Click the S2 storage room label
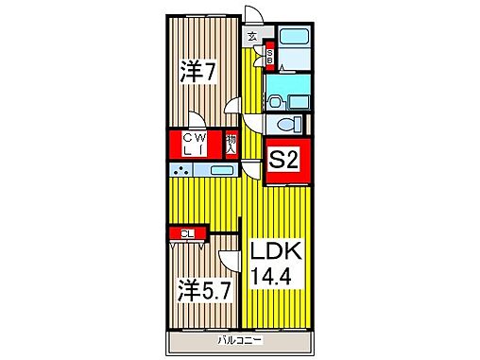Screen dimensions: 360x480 [285, 161]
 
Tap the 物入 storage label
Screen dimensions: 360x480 [231, 145]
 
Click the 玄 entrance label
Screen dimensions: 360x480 [252, 37]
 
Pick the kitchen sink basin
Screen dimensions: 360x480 [222, 171]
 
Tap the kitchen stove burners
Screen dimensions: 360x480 [180, 171]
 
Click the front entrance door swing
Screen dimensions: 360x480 [253, 17]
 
